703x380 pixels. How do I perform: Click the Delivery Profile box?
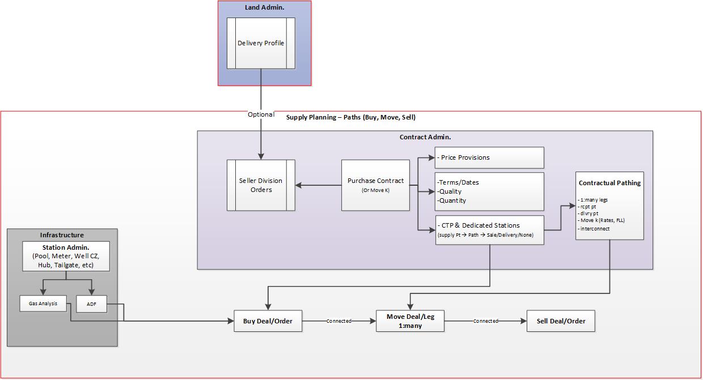[261, 43]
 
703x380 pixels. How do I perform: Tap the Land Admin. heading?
[264, 7]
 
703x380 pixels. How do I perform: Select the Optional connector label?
[261, 114]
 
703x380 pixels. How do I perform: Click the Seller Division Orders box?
[261, 185]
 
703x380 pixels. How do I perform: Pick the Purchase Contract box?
[375, 185]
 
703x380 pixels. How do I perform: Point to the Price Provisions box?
[489, 157]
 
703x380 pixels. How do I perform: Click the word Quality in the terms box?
[450, 191]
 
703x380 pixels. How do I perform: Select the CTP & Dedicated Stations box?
[489, 230]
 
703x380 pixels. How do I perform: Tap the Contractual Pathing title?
[609, 183]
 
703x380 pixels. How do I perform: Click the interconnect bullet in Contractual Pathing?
[594, 229]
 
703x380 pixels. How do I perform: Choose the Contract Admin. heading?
[425, 137]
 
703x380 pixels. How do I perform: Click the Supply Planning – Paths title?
[350, 117]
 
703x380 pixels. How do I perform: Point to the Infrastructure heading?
[62, 235]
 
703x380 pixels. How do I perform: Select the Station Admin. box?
[66, 257]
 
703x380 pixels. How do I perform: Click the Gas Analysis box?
[43, 304]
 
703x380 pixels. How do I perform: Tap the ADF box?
[91, 304]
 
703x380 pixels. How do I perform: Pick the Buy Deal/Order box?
[268, 321]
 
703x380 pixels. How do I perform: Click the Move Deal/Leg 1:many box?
[410, 321]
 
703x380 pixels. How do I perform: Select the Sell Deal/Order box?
[561, 321]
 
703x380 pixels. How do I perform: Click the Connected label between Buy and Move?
[338, 321]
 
